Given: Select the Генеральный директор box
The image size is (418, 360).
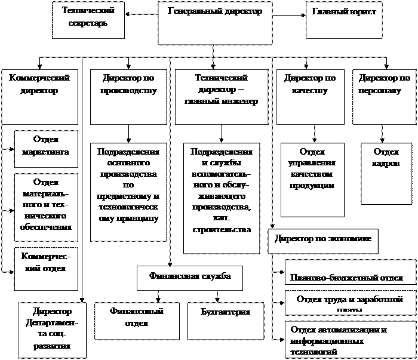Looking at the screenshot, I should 216,23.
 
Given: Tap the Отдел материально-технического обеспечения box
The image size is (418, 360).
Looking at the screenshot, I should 45,204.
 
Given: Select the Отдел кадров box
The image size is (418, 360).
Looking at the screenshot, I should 386,173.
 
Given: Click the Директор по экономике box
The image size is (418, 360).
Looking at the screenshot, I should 323,239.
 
